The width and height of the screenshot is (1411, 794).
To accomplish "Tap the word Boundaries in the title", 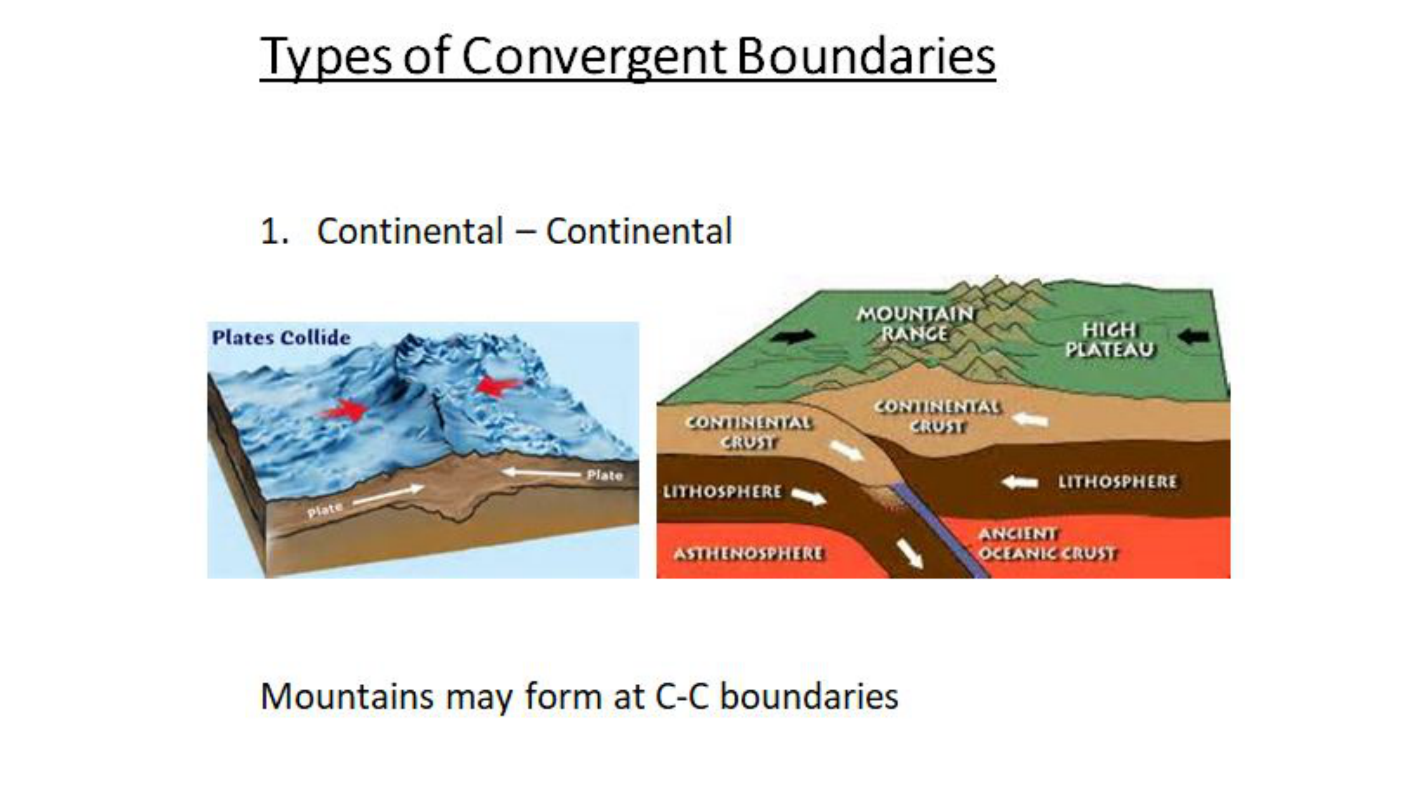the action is point(866,56).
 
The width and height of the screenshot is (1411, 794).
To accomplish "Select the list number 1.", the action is point(274,231).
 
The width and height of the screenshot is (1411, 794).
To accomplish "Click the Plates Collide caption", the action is point(281,337).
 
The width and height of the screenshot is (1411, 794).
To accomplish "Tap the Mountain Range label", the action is point(915,324).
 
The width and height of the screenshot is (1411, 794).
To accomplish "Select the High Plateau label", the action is point(1110,340).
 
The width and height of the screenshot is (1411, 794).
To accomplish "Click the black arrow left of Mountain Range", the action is point(793,336).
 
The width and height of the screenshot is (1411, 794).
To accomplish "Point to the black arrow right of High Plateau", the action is point(1194,336).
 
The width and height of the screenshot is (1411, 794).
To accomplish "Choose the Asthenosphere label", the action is point(748,553).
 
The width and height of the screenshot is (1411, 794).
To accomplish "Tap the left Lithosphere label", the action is point(722,491).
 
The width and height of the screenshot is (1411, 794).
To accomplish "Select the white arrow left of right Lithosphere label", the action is point(1020,482).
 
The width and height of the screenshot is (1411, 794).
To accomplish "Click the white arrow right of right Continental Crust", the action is point(1030,420).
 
